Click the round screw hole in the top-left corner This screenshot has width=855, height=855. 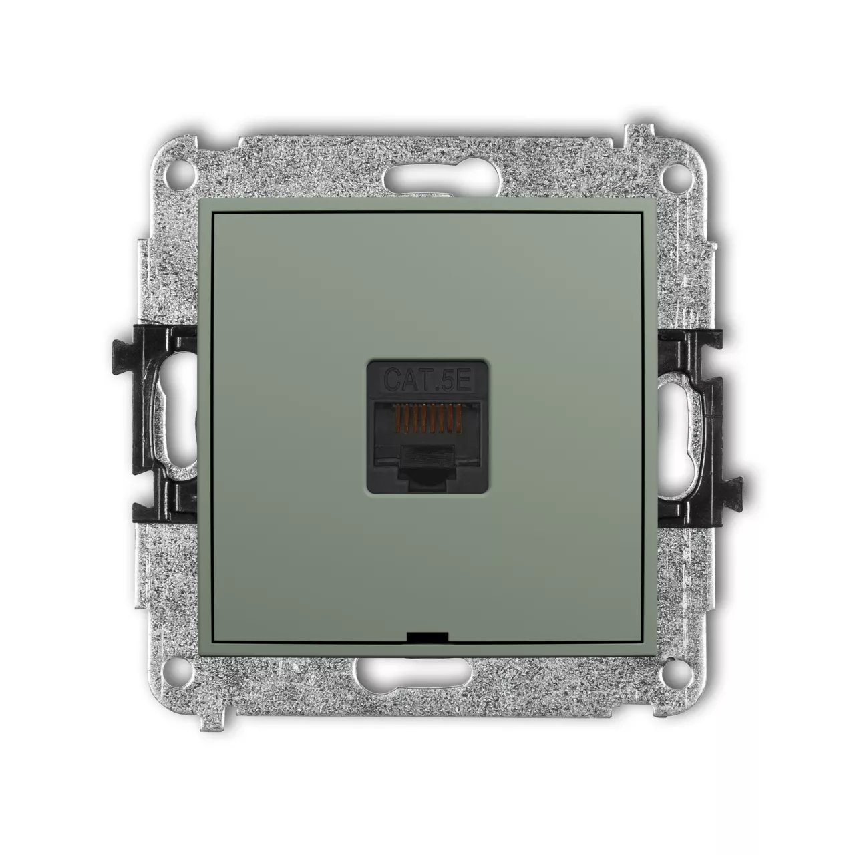(180, 174)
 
